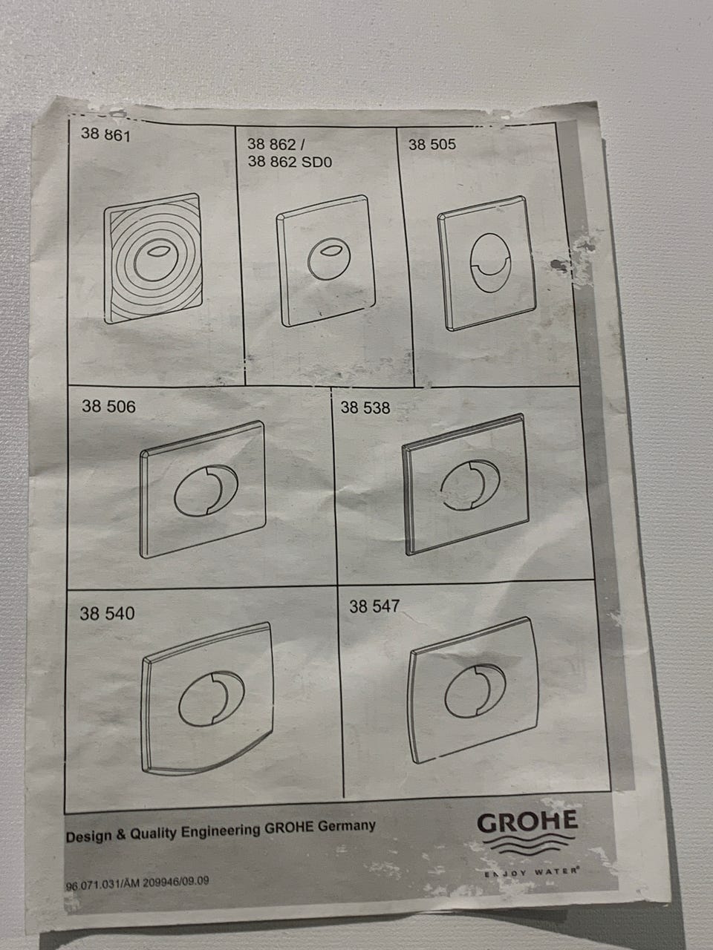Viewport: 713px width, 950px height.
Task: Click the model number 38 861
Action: click(105, 134)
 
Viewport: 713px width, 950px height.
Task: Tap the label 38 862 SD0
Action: click(290, 162)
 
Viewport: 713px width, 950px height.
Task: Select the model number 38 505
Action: click(432, 145)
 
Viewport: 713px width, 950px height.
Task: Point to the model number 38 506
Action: click(108, 407)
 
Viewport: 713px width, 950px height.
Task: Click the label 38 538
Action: click(365, 407)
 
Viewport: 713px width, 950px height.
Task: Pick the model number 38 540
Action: click(107, 613)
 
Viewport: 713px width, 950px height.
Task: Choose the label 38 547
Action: click(374, 606)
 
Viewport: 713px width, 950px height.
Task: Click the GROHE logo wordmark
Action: click(527, 822)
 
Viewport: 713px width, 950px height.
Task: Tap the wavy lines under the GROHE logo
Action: click(529, 845)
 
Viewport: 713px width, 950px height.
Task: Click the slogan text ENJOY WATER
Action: click(532, 871)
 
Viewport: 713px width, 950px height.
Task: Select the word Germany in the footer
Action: click(346, 826)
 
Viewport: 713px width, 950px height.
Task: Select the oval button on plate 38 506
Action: click(206, 491)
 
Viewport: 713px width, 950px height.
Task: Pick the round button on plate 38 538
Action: click(470, 485)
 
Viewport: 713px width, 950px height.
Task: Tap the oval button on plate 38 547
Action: click(475, 692)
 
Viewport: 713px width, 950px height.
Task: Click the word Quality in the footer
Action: click(153, 832)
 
